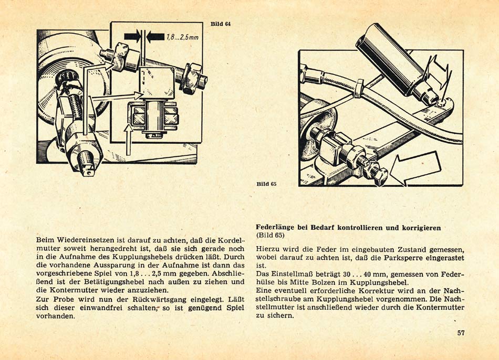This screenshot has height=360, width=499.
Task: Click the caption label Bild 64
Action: pos(221,25)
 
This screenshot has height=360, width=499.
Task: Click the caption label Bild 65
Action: pos(266,184)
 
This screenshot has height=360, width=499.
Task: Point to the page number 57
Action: pos(461,333)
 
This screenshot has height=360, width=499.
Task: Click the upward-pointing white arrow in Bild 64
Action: pos(128,139)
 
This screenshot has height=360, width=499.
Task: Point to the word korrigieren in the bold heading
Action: pos(419,228)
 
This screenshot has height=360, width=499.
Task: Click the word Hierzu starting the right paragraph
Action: pos(268,250)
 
